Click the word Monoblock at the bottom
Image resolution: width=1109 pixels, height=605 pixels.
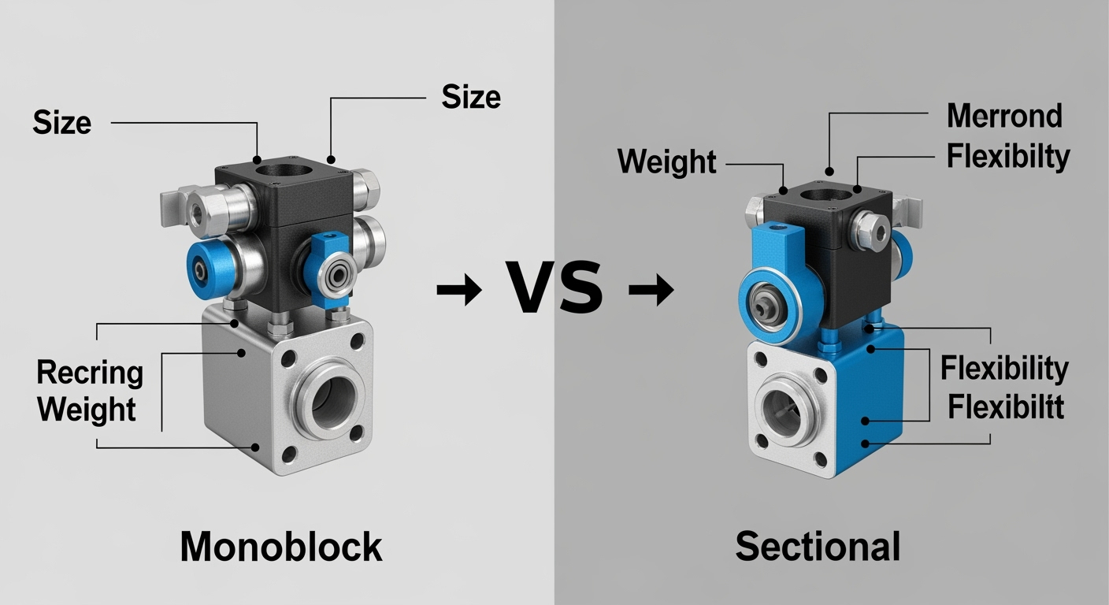(x=281, y=547)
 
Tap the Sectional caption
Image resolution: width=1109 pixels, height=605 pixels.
(x=818, y=546)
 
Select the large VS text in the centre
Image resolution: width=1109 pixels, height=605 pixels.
(x=554, y=288)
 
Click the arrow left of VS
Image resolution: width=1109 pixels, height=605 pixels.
(x=459, y=289)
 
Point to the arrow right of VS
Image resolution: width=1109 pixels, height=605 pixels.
(x=651, y=289)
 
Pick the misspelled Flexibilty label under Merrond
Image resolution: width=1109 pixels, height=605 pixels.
(x=1008, y=157)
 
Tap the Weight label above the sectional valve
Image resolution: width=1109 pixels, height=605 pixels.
(x=667, y=162)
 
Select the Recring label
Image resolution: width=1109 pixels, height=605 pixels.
(x=90, y=373)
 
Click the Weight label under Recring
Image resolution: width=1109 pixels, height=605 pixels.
(x=87, y=409)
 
